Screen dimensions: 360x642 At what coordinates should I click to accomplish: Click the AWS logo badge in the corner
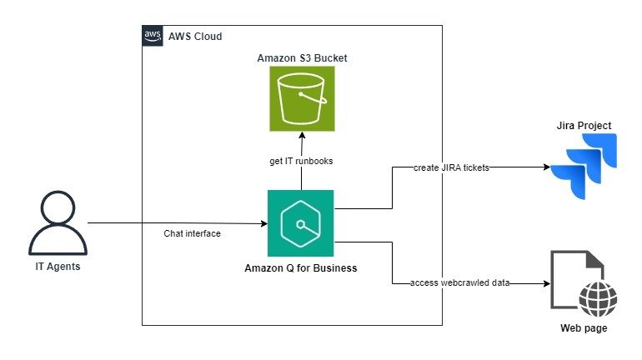(x=152, y=35)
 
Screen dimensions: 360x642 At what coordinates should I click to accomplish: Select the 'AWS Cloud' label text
(x=195, y=37)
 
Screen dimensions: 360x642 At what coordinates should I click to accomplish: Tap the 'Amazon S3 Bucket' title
(x=302, y=58)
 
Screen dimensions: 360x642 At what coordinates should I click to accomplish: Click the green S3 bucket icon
(x=302, y=98)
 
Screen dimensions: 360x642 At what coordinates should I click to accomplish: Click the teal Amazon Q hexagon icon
(x=300, y=222)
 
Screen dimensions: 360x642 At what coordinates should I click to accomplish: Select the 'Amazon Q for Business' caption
(x=300, y=267)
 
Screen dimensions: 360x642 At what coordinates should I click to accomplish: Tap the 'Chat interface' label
(x=193, y=234)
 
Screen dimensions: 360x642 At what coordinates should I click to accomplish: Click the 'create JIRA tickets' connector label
(x=451, y=167)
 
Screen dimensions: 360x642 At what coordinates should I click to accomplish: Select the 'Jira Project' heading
(x=584, y=126)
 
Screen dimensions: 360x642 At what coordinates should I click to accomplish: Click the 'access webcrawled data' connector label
(x=459, y=283)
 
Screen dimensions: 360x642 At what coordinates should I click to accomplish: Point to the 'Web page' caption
(x=584, y=328)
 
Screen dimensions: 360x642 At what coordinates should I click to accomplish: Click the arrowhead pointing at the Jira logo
(x=547, y=167)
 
